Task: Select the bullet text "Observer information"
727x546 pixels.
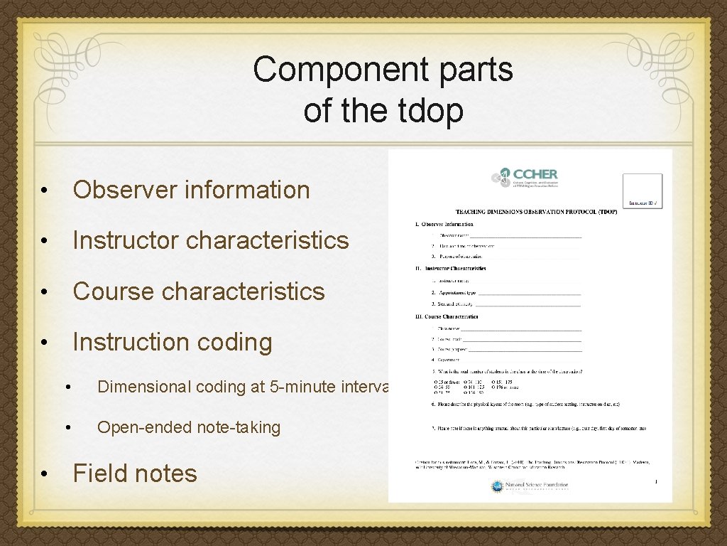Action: click(191, 190)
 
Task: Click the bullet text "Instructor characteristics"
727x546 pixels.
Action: click(211, 240)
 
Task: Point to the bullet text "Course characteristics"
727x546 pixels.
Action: click(198, 291)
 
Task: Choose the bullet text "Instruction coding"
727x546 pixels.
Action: click(173, 342)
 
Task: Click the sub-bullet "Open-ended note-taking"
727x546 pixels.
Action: click(189, 427)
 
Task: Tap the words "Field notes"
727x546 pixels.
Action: click(135, 473)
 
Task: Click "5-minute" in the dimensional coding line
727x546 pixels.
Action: click(301, 387)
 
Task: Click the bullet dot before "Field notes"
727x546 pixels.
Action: click(44, 474)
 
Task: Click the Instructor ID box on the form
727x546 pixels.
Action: click(642, 191)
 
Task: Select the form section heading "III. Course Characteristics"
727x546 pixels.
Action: click(447, 316)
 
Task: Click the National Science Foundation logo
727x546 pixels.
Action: click(529, 486)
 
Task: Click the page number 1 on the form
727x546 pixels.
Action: click(656, 482)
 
